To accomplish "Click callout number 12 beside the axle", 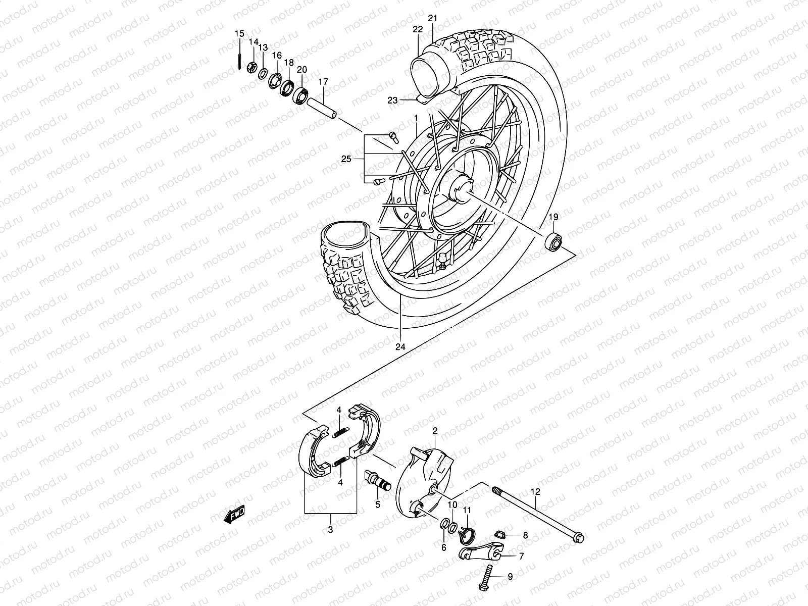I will [535, 491].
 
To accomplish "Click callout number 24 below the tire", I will [400, 347].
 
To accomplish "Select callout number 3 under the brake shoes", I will [330, 530].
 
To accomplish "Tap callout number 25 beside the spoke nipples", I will [345, 160].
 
